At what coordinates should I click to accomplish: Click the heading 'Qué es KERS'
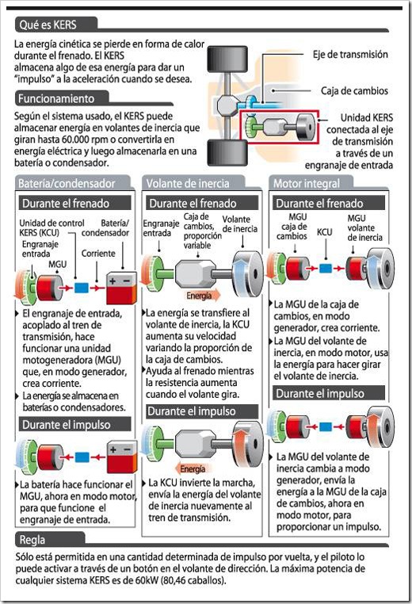pyautogui.click(x=48, y=25)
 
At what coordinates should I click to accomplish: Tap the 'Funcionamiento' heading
pyautogui.click(x=56, y=98)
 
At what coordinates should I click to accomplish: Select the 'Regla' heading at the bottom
pyautogui.click(x=32, y=540)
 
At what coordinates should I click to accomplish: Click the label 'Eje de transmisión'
pyautogui.click(x=350, y=55)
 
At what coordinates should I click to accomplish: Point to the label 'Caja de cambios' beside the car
pyautogui.click(x=354, y=91)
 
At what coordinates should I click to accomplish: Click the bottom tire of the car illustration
pyautogui.click(x=227, y=153)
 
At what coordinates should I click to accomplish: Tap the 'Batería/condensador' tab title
pyautogui.click(x=67, y=183)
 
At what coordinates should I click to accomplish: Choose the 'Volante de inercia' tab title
pyautogui.click(x=188, y=183)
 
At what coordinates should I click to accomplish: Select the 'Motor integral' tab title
pyautogui.click(x=307, y=183)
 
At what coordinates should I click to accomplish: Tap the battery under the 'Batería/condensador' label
pyautogui.click(x=122, y=289)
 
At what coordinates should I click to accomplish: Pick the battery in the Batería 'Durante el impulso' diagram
pyautogui.click(x=122, y=457)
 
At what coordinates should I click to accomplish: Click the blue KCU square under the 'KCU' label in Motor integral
pyautogui.click(x=326, y=268)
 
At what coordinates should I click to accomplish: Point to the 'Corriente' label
pyautogui.click(x=98, y=254)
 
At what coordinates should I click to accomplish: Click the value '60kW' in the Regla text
pyautogui.click(x=147, y=580)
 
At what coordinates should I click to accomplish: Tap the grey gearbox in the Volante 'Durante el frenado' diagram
pyautogui.click(x=195, y=273)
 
